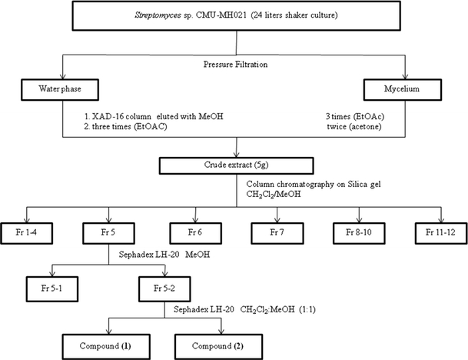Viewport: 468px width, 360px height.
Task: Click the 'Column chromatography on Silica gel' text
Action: click(x=315, y=185)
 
